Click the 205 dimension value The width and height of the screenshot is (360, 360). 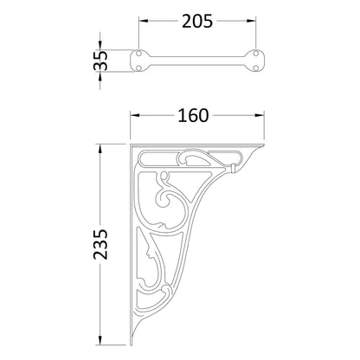point(197,21)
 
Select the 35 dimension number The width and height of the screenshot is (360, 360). point(102,61)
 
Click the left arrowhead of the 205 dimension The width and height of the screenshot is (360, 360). point(142,22)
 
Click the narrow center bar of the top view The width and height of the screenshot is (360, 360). point(197,61)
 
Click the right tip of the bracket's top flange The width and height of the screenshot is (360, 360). point(262,147)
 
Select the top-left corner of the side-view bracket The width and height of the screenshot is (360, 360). point(132,146)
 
